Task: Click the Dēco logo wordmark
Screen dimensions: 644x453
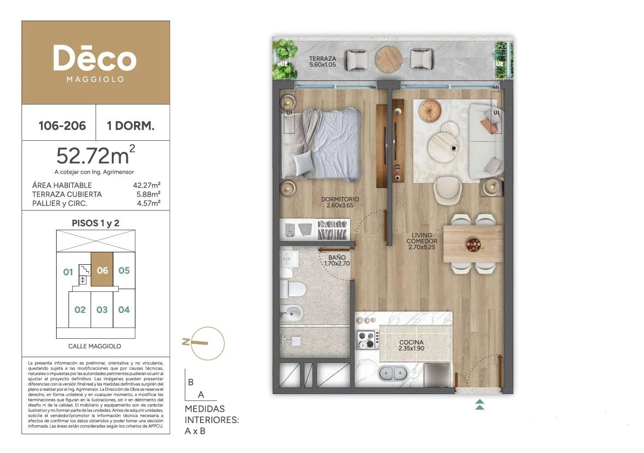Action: point(95,58)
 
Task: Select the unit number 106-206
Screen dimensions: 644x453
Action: point(62,126)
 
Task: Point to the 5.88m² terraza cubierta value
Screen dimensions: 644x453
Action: point(148,194)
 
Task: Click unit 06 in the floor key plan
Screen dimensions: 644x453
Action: point(102,271)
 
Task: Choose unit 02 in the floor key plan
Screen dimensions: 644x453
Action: point(80,310)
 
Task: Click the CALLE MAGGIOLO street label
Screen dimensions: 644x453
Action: point(95,346)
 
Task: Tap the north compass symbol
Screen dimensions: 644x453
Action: point(203,343)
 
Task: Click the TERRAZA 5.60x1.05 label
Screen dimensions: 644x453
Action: point(322,62)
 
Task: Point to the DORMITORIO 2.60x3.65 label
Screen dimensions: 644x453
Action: point(340,202)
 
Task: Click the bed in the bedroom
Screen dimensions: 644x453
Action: point(321,144)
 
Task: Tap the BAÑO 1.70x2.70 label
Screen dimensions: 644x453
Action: point(337,260)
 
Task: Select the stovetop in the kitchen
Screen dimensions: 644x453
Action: point(367,340)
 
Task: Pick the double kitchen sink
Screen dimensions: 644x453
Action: point(393,373)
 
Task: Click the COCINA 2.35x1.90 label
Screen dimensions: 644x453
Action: point(411,345)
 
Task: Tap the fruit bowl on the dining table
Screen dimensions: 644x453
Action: point(473,244)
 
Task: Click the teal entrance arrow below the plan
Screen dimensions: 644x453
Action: point(479,404)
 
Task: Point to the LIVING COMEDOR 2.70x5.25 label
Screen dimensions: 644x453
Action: point(422,241)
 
